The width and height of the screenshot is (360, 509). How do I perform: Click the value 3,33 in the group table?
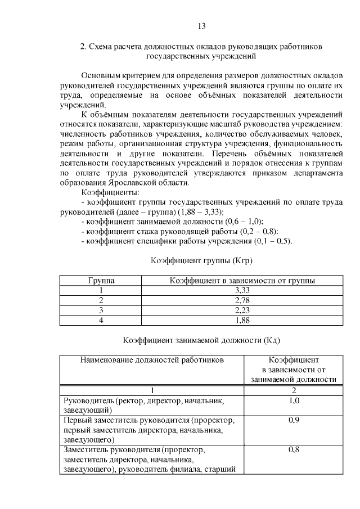click(242, 290)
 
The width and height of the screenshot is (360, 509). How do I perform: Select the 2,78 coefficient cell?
click(242, 300)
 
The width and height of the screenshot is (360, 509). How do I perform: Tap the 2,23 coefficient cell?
click(242, 310)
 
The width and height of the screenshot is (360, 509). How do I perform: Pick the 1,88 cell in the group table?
click(242, 320)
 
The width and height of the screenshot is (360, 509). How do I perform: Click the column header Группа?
click(101, 280)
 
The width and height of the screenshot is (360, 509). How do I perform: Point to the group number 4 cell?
click(101, 320)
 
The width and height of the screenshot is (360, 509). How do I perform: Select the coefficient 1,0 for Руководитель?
click(294, 400)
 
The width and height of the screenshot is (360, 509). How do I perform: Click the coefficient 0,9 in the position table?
click(294, 420)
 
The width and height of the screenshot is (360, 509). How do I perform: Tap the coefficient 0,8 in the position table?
click(294, 450)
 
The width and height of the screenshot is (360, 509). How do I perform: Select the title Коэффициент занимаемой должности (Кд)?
click(201, 340)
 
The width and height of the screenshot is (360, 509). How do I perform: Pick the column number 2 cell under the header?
click(294, 390)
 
